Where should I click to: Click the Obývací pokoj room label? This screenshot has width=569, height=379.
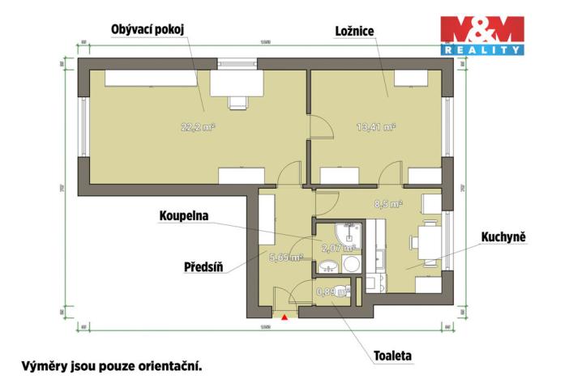click(148, 30)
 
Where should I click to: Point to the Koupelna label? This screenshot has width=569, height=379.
click(183, 217)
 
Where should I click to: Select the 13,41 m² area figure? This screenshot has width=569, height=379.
click(376, 126)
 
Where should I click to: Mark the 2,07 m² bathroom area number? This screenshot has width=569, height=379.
click(339, 248)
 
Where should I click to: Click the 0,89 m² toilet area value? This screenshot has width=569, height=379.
click(332, 291)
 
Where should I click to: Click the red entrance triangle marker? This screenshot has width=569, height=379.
click(284, 317)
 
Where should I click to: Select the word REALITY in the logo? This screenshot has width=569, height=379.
click(481, 50)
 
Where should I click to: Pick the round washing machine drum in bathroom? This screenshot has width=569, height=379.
click(352, 266)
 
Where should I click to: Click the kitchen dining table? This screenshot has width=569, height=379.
click(425, 241)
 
